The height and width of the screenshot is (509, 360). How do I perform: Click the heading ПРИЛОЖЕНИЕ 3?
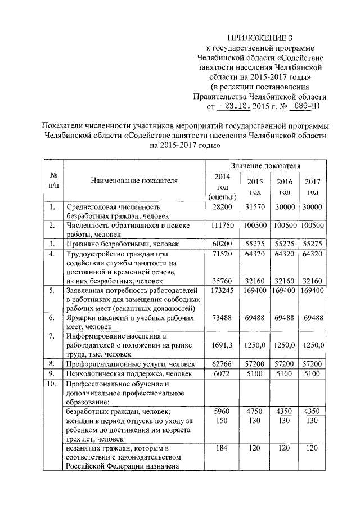click(x=253, y=38)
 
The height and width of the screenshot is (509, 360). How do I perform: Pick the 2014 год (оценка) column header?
click(x=222, y=187)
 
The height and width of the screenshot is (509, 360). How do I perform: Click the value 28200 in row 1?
click(x=222, y=207)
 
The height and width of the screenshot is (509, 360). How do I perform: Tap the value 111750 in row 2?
click(x=222, y=225)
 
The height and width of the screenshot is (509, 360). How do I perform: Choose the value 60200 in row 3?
click(x=222, y=244)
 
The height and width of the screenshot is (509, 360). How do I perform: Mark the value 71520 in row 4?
click(x=222, y=254)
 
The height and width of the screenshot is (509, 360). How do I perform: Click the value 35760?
click(x=222, y=280)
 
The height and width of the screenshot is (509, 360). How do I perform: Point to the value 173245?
click(x=222, y=290)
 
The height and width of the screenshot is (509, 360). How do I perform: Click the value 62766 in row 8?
click(x=222, y=364)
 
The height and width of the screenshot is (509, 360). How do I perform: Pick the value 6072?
click(x=222, y=373)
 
